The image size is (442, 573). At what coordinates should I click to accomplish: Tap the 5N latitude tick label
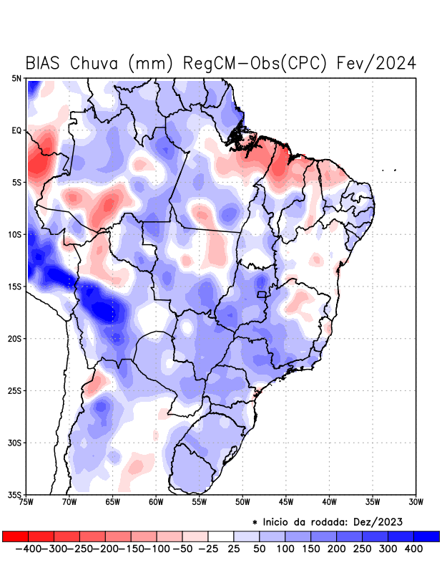click(16, 78)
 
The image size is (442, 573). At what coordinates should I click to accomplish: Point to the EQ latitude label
click(16, 130)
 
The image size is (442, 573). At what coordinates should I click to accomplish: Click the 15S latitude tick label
click(15, 286)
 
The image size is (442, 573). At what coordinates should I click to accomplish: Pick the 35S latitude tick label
click(15, 494)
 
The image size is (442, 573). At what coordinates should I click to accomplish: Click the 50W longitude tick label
click(242, 501)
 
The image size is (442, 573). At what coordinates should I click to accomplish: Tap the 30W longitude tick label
click(416, 501)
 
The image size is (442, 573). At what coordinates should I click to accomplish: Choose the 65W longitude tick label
click(113, 501)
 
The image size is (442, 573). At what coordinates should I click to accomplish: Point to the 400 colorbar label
click(413, 548)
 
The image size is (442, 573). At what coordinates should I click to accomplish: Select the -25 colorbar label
click(208, 548)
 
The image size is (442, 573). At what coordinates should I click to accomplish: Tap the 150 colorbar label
click(311, 548)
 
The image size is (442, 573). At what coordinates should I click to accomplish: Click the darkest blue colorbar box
click(426, 536)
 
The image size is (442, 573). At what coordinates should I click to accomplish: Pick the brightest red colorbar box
click(15, 536)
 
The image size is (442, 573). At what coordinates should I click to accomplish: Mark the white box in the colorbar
click(221, 536)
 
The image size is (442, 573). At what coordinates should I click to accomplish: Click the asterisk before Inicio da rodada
click(255, 523)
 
